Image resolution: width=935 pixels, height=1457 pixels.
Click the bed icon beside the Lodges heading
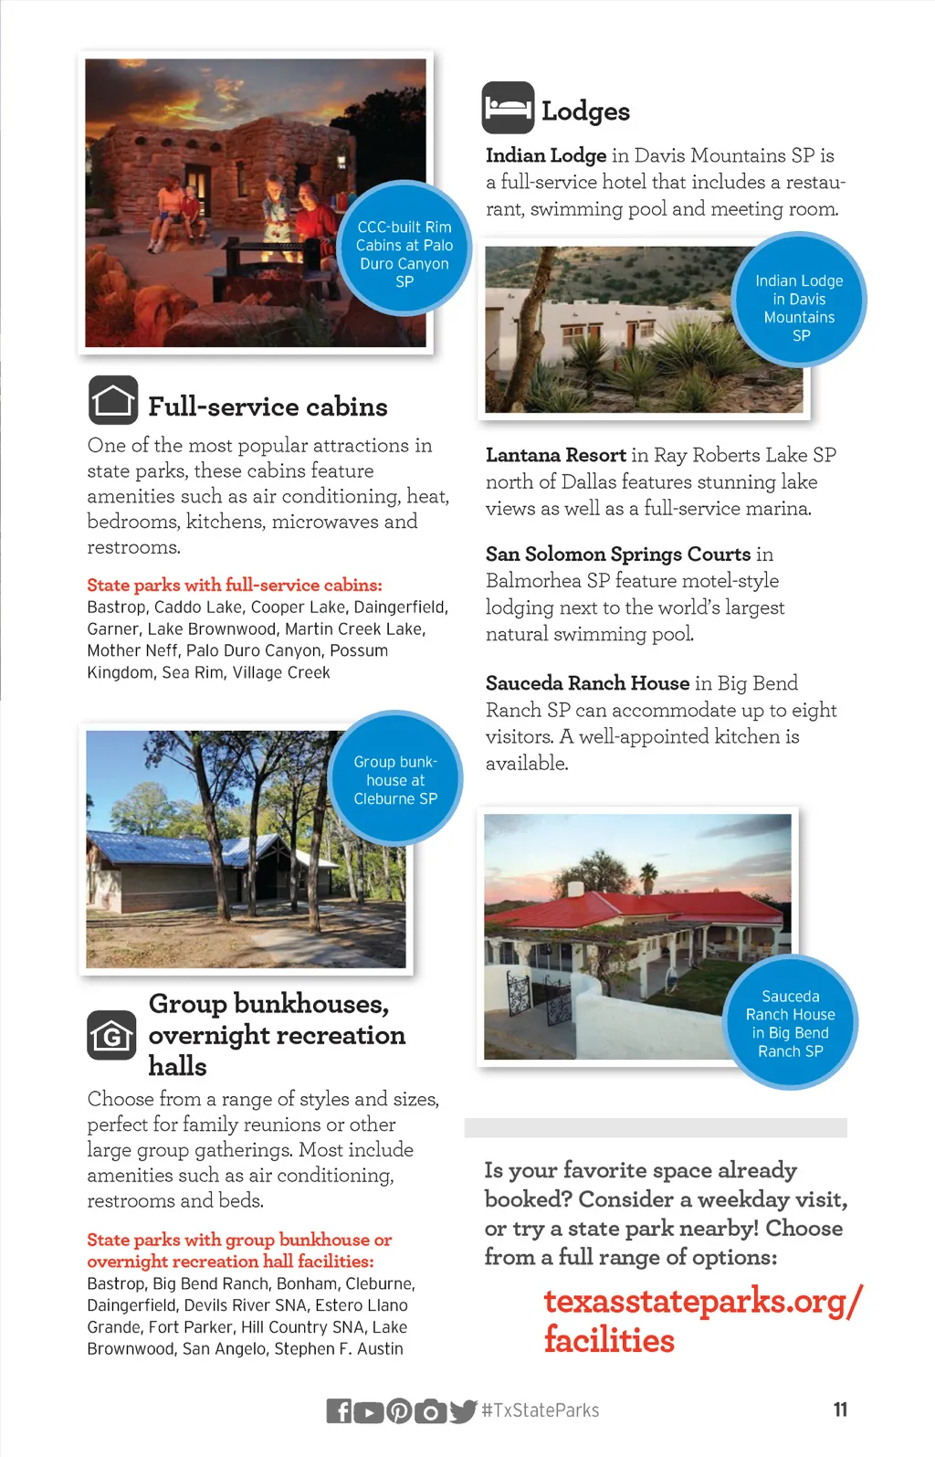pyautogui.click(x=508, y=108)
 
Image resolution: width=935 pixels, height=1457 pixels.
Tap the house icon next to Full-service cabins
pyautogui.click(x=113, y=401)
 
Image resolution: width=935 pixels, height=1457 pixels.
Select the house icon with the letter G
pyautogui.click(x=112, y=1035)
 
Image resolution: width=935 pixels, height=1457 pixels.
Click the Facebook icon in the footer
pyautogui.click(x=339, y=1411)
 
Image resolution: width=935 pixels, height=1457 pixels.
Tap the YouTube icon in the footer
pyautogui.click(x=369, y=1411)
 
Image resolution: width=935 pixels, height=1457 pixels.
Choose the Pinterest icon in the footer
pyautogui.click(x=399, y=1411)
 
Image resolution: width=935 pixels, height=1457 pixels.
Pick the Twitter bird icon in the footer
pyautogui.click(x=463, y=1411)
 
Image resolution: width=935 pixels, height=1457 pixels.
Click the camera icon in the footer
pyautogui.click(x=430, y=1411)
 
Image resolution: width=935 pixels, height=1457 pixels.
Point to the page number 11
pyautogui.click(x=840, y=1409)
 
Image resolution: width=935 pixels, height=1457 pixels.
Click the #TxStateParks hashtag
pyautogui.click(x=541, y=1410)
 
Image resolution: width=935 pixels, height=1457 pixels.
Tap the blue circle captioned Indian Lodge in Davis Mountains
pyautogui.click(x=799, y=300)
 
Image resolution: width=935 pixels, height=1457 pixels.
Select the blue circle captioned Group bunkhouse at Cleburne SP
pyautogui.click(x=395, y=779)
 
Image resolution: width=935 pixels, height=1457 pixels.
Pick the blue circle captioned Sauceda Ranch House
pyautogui.click(x=791, y=1023)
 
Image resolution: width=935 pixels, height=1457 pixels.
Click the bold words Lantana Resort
pyautogui.click(x=555, y=455)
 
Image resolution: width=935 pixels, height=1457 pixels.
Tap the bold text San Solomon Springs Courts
pyautogui.click(x=618, y=554)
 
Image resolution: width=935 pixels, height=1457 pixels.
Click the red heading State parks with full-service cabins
pyautogui.click(x=235, y=586)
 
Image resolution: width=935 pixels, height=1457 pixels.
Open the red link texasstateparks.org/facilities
pyautogui.click(x=701, y=1320)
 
